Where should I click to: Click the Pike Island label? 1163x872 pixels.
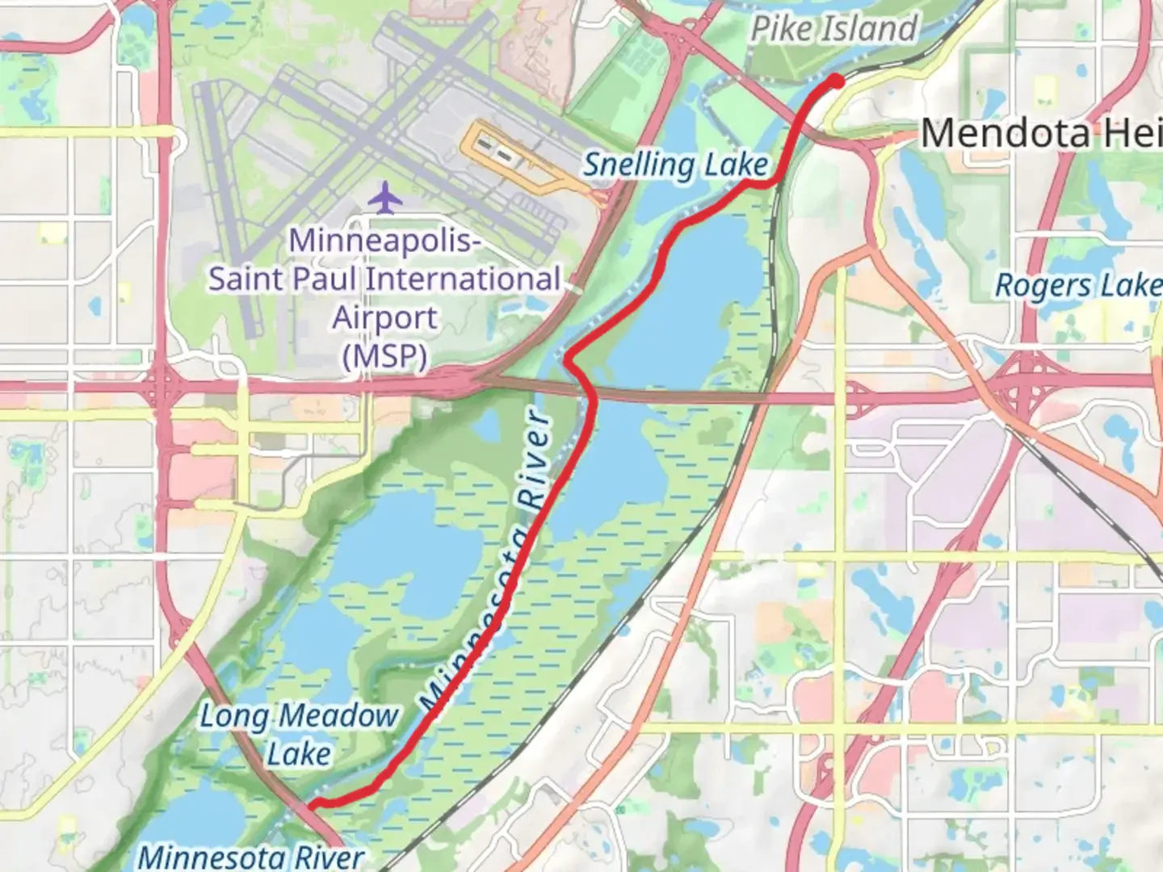[833, 29]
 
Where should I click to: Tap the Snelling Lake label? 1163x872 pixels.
[675, 165]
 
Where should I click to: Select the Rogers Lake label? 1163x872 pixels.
[1077, 285]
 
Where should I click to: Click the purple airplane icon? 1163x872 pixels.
[386, 198]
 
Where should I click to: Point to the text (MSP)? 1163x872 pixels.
[384, 356]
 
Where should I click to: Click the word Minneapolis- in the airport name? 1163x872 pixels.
[384, 240]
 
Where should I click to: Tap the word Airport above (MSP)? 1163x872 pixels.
[384, 317]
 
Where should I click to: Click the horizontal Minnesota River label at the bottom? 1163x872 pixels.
[250, 856]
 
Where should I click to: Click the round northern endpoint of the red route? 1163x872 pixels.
[837, 80]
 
